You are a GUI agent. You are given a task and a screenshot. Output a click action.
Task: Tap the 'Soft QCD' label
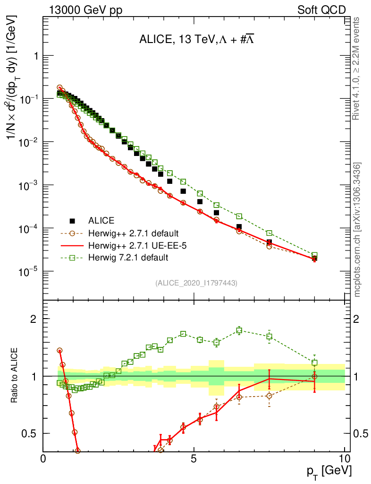point(321,9)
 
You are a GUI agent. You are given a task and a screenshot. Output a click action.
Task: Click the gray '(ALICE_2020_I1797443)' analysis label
point(196,283)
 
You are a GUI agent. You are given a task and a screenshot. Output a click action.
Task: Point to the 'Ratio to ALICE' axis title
point(14,375)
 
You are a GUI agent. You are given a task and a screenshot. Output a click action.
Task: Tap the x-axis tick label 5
point(194,459)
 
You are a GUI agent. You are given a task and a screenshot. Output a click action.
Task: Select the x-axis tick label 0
point(43,459)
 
